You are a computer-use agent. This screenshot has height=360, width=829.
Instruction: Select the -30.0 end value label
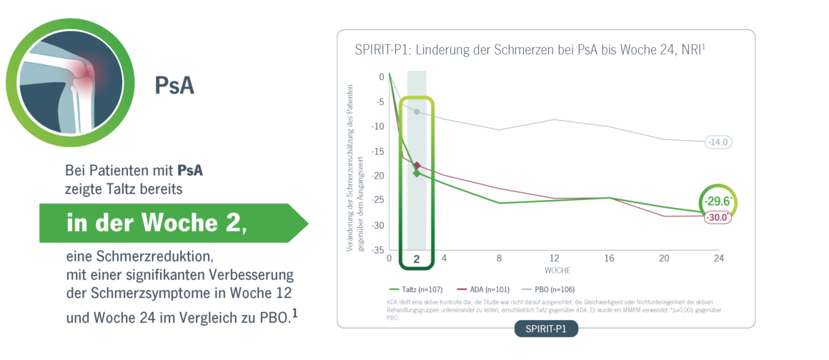click(718, 218)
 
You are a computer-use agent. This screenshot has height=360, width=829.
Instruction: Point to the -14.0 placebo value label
click(718, 142)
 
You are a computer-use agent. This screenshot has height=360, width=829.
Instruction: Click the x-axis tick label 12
click(555, 258)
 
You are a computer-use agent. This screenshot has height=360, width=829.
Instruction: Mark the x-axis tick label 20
click(664, 258)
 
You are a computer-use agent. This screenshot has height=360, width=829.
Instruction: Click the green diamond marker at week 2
click(417, 173)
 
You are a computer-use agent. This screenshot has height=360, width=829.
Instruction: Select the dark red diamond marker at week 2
click(417, 166)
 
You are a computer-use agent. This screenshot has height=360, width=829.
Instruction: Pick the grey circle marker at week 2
click(417, 112)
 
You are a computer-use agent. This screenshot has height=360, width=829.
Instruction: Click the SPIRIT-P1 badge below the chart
click(546, 329)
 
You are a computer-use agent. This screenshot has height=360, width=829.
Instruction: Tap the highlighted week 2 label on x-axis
click(417, 258)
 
